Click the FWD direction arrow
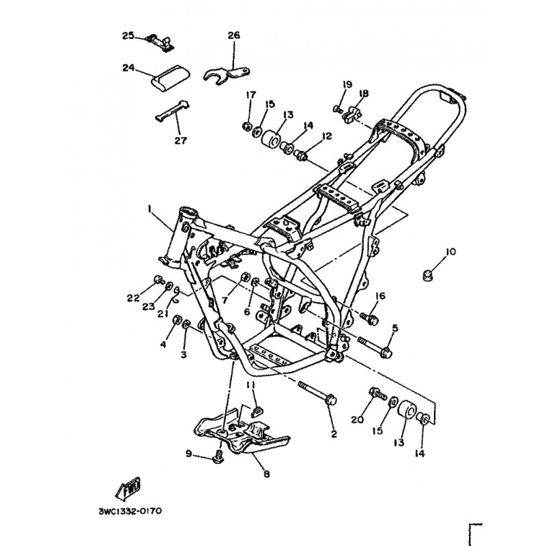(128, 487)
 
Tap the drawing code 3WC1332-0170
(130, 511)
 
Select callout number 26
(234, 35)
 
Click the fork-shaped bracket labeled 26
(227, 75)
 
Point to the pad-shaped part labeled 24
(170, 78)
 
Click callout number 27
(181, 141)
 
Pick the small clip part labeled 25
(160, 44)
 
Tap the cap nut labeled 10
(427, 276)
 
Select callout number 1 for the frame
(149, 209)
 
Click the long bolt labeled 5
(375, 347)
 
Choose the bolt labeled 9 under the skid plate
(218, 456)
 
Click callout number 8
(267, 474)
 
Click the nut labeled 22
(158, 279)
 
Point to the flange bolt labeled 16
(369, 318)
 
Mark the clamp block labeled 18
(352, 115)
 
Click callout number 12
(327, 136)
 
